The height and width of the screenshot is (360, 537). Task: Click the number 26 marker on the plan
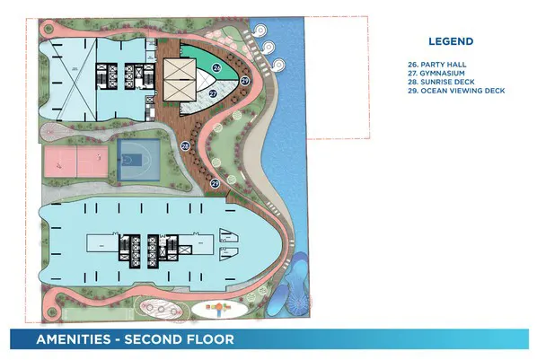(x=216, y=67)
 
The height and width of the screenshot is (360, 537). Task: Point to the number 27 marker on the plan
(x=213, y=92)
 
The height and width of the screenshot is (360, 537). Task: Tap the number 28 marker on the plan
(x=184, y=145)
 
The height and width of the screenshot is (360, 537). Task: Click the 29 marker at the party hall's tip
(x=244, y=80)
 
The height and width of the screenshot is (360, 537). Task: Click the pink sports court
(x=72, y=162)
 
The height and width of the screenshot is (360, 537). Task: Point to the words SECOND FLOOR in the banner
(x=179, y=340)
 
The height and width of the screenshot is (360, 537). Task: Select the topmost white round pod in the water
(x=267, y=30)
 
